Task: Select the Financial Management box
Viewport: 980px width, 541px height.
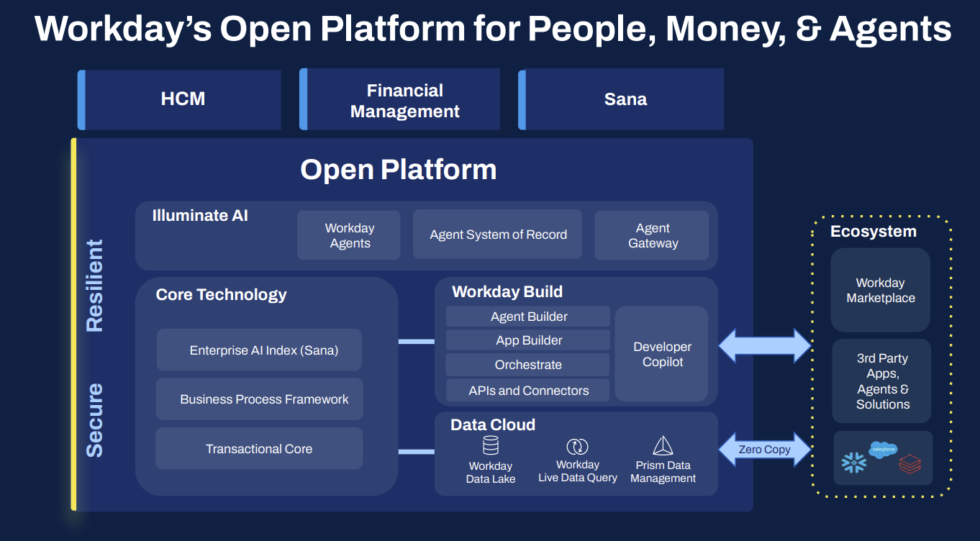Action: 403,101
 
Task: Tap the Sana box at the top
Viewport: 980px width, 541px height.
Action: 625,99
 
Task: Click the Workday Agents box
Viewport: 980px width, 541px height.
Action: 349,235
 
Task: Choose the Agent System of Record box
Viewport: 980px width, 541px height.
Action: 498,235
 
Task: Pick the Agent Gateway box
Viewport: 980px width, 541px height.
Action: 653,235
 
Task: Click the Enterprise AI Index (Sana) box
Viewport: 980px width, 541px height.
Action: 260,350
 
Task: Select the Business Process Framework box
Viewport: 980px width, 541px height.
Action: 260,399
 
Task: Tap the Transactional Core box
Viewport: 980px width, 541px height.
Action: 259,449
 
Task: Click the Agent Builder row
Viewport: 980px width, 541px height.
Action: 528,317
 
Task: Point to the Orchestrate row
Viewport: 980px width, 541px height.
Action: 528,365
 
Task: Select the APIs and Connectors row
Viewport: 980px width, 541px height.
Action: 528,391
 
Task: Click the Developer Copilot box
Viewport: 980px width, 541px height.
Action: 662,354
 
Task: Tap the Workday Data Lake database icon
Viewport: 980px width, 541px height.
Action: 491,445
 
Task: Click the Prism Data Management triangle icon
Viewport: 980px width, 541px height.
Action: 663,445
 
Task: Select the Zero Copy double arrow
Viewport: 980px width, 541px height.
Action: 764,450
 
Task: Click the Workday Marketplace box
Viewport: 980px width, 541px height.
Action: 881,290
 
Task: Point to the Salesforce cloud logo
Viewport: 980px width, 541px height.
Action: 883,450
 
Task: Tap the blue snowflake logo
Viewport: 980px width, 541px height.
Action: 854,463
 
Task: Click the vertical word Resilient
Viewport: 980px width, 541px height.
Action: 95,285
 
